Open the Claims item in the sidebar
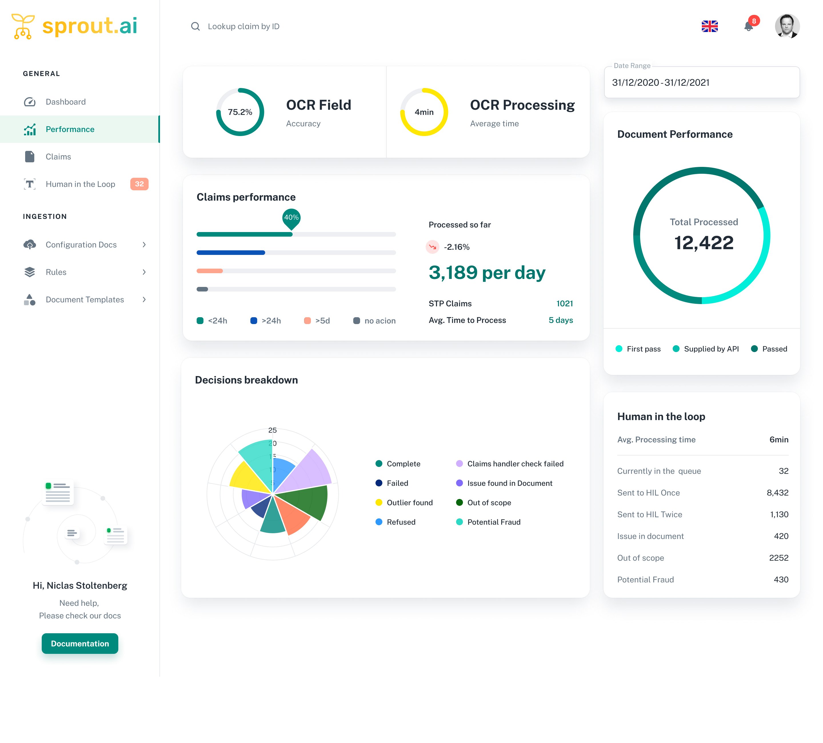point(58,157)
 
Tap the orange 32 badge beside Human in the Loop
point(139,184)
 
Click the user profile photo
point(787,26)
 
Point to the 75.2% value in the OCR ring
point(240,112)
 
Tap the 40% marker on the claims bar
point(291,217)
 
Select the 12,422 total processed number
point(704,243)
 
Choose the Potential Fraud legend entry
point(494,522)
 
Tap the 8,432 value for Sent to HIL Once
point(777,493)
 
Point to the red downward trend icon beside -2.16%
point(432,247)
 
